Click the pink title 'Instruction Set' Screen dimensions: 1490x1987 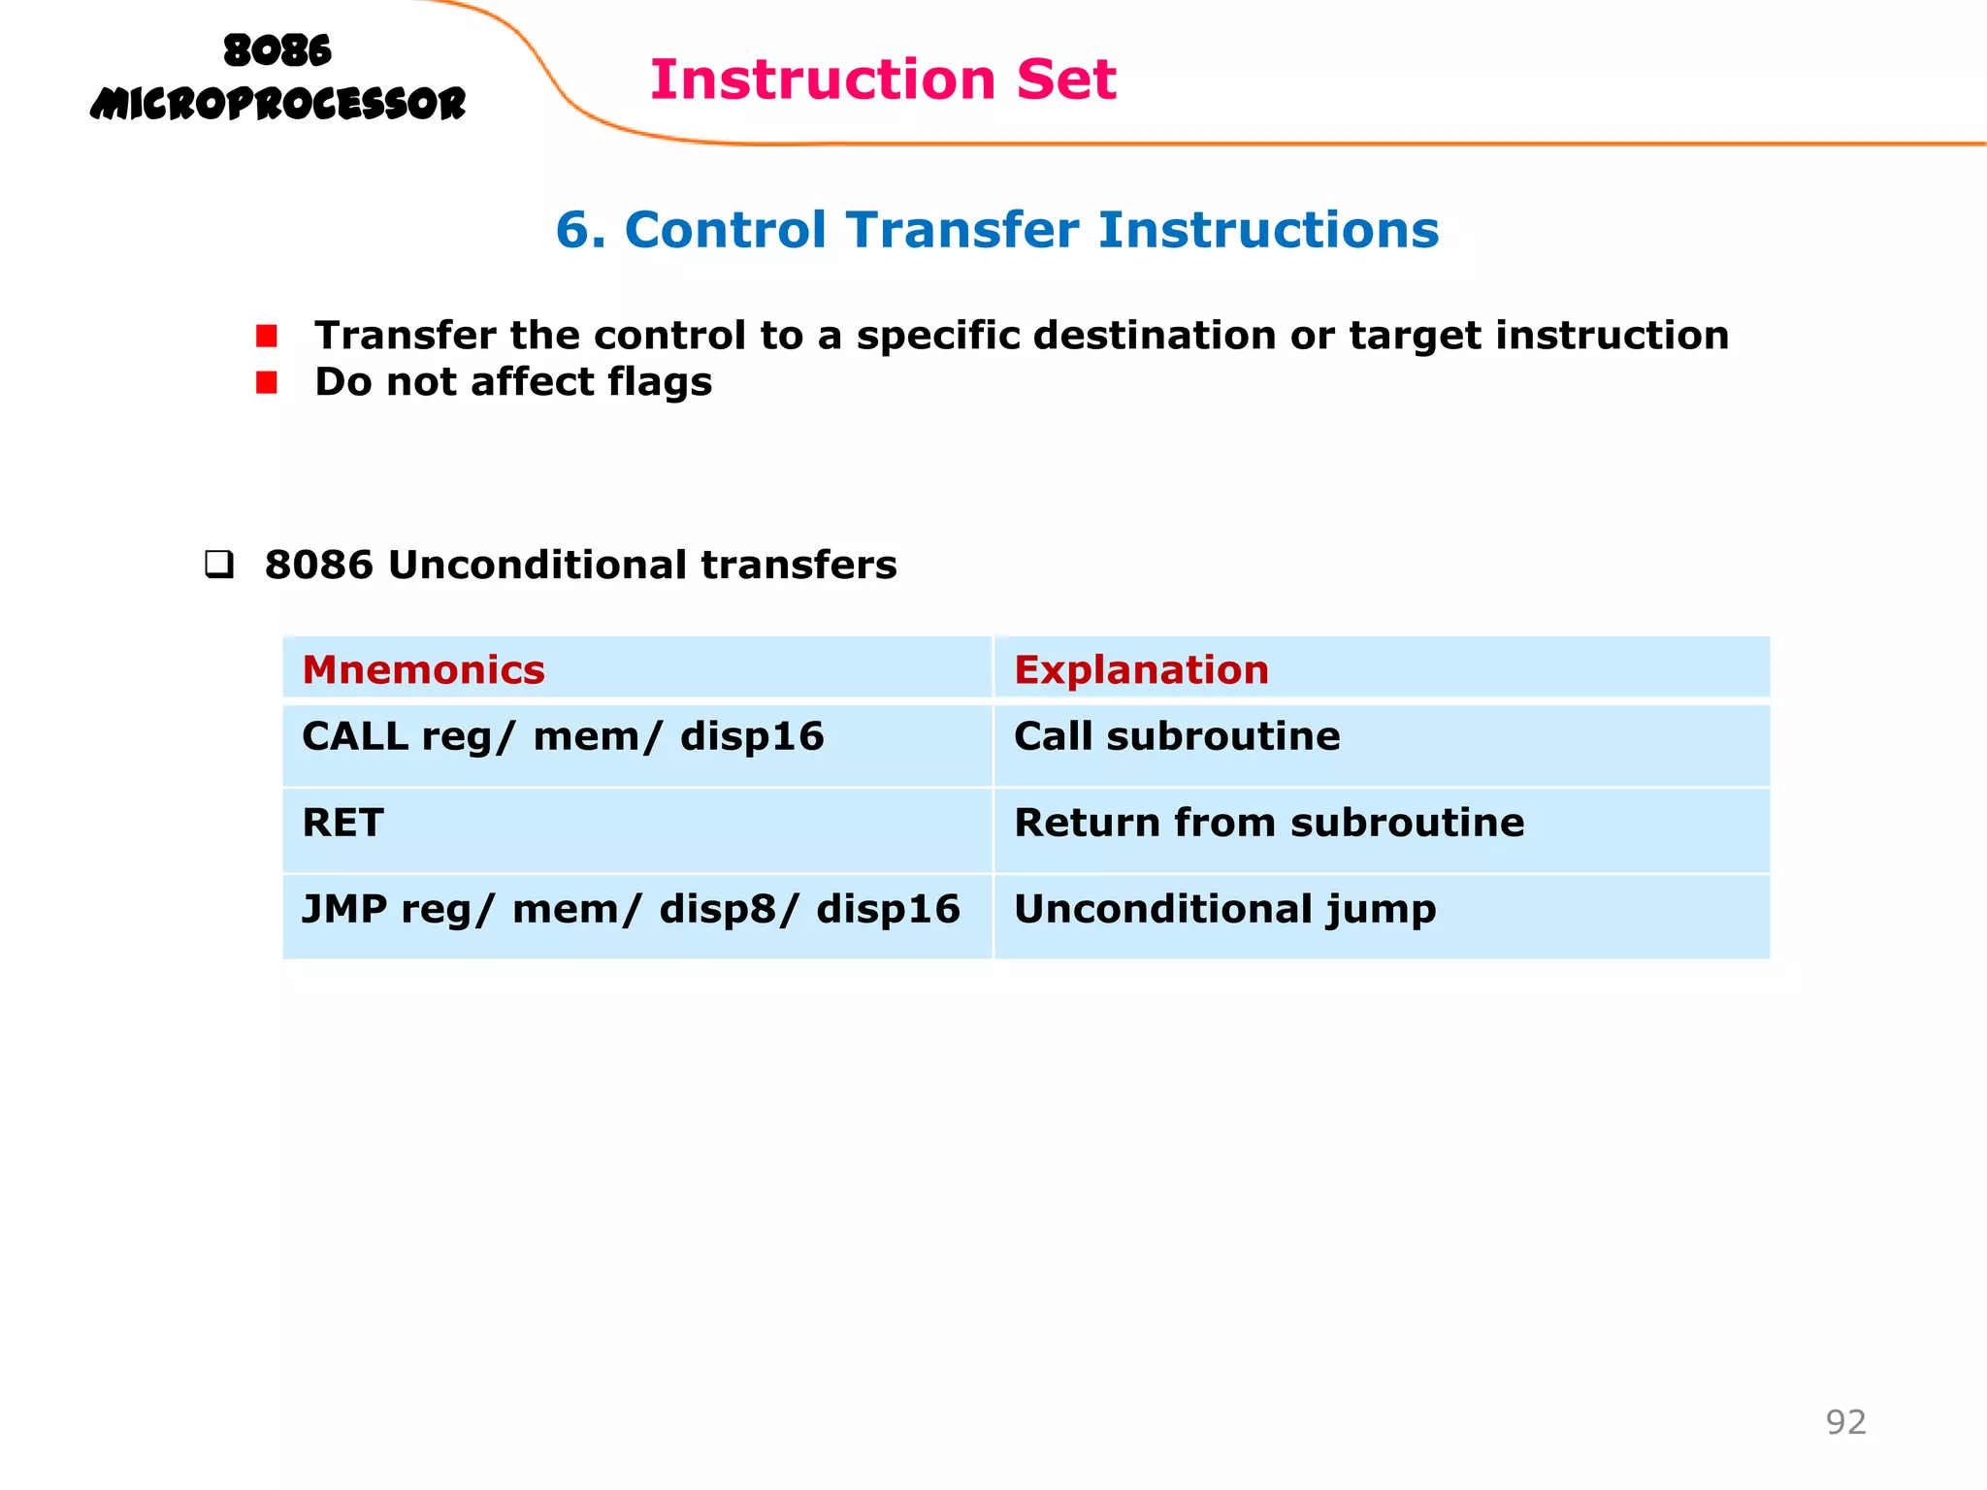point(883,80)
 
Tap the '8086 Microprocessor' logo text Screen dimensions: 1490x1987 point(277,78)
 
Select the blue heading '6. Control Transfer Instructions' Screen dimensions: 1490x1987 point(996,230)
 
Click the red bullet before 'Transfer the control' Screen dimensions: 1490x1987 point(267,337)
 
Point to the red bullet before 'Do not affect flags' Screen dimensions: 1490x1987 point(267,383)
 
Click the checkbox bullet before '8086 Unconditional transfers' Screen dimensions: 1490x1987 point(219,565)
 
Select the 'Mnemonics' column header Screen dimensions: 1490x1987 point(423,670)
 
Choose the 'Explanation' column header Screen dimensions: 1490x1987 point(1141,670)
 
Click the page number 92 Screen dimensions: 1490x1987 point(1845,1422)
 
